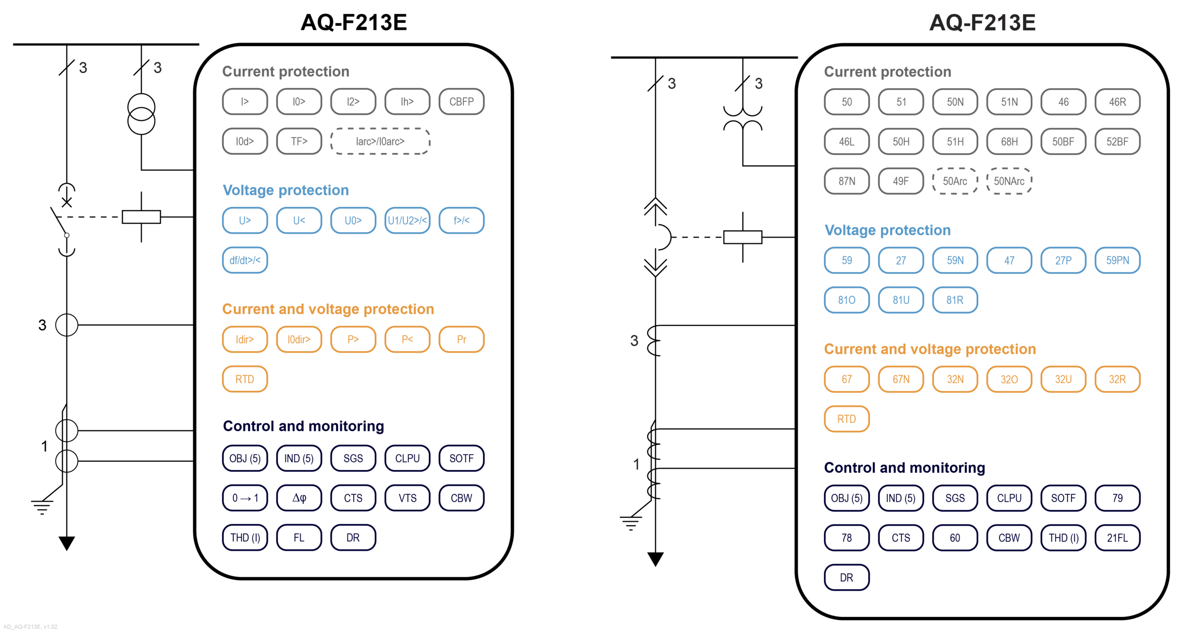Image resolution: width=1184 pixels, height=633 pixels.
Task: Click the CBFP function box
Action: coord(461,102)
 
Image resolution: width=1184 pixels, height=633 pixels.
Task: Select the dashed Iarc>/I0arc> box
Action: coord(380,141)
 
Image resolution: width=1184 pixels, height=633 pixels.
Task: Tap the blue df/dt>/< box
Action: coord(245,260)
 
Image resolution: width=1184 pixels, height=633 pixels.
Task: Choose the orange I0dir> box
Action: coord(299,339)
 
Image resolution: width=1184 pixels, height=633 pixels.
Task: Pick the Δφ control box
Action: coord(299,498)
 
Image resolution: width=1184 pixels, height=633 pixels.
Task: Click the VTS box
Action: coord(407,498)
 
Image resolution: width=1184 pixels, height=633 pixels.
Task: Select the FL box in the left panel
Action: coord(299,538)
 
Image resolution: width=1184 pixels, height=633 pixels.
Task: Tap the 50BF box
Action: coord(1063,142)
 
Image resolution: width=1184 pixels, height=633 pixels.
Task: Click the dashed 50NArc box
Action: coord(1009,181)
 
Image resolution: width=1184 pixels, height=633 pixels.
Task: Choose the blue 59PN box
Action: coord(1117,261)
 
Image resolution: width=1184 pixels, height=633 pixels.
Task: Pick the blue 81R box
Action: coord(955,300)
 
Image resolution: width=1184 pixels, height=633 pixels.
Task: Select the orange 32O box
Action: coord(1009,379)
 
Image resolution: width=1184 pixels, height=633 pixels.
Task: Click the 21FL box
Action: coord(1117,538)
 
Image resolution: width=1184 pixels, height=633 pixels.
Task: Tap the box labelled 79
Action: coord(1117,498)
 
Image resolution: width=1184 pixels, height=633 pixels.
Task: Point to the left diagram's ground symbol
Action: coord(42,507)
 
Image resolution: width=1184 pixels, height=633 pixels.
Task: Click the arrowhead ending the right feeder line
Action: coord(655,559)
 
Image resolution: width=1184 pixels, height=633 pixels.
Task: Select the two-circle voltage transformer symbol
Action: coord(141,114)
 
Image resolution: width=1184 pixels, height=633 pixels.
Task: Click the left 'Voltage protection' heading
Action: coord(285,190)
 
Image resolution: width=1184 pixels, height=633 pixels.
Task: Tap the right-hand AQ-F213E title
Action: coord(982,22)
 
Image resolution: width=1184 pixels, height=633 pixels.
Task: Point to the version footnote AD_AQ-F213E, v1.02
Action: coord(30,627)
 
